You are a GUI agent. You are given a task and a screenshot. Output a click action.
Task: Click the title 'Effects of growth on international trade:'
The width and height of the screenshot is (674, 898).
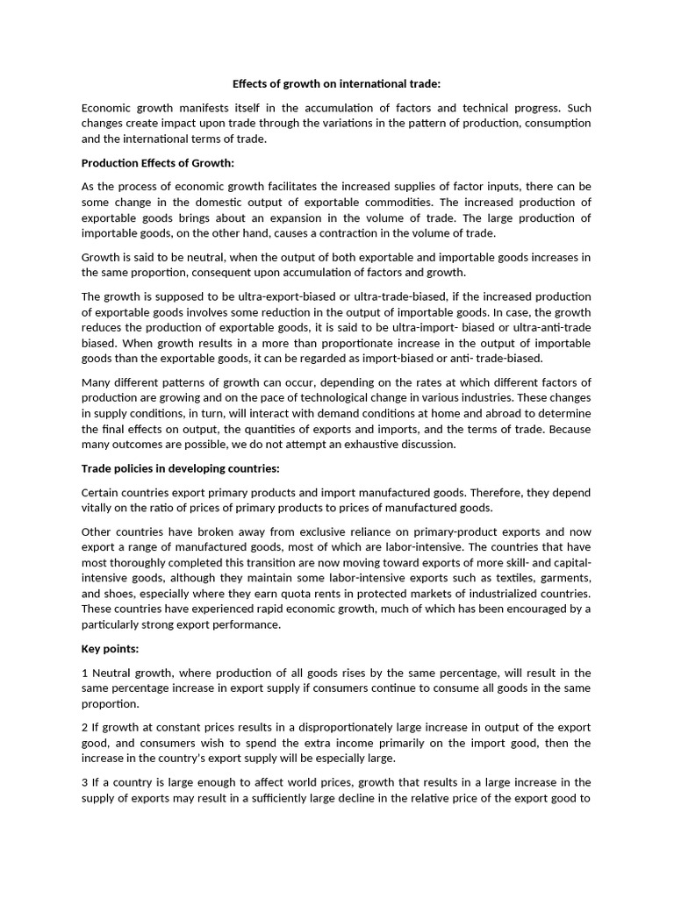pyautogui.click(x=336, y=84)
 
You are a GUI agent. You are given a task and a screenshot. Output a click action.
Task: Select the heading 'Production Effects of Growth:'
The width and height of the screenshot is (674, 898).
pyautogui.click(x=158, y=162)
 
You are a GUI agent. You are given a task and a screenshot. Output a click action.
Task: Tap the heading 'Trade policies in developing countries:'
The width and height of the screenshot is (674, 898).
pyautogui.click(x=180, y=468)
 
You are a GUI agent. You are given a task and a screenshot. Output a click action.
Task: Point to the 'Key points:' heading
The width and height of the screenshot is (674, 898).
pyautogui.click(x=111, y=649)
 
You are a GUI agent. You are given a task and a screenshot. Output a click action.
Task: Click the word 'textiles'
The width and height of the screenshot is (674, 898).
pyautogui.click(x=463, y=578)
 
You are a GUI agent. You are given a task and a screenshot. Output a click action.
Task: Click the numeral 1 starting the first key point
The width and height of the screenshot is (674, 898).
pyautogui.click(x=84, y=673)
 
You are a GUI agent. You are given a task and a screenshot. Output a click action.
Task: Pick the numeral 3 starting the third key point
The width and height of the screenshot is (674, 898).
pyautogui.click(x=84, y=782)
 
